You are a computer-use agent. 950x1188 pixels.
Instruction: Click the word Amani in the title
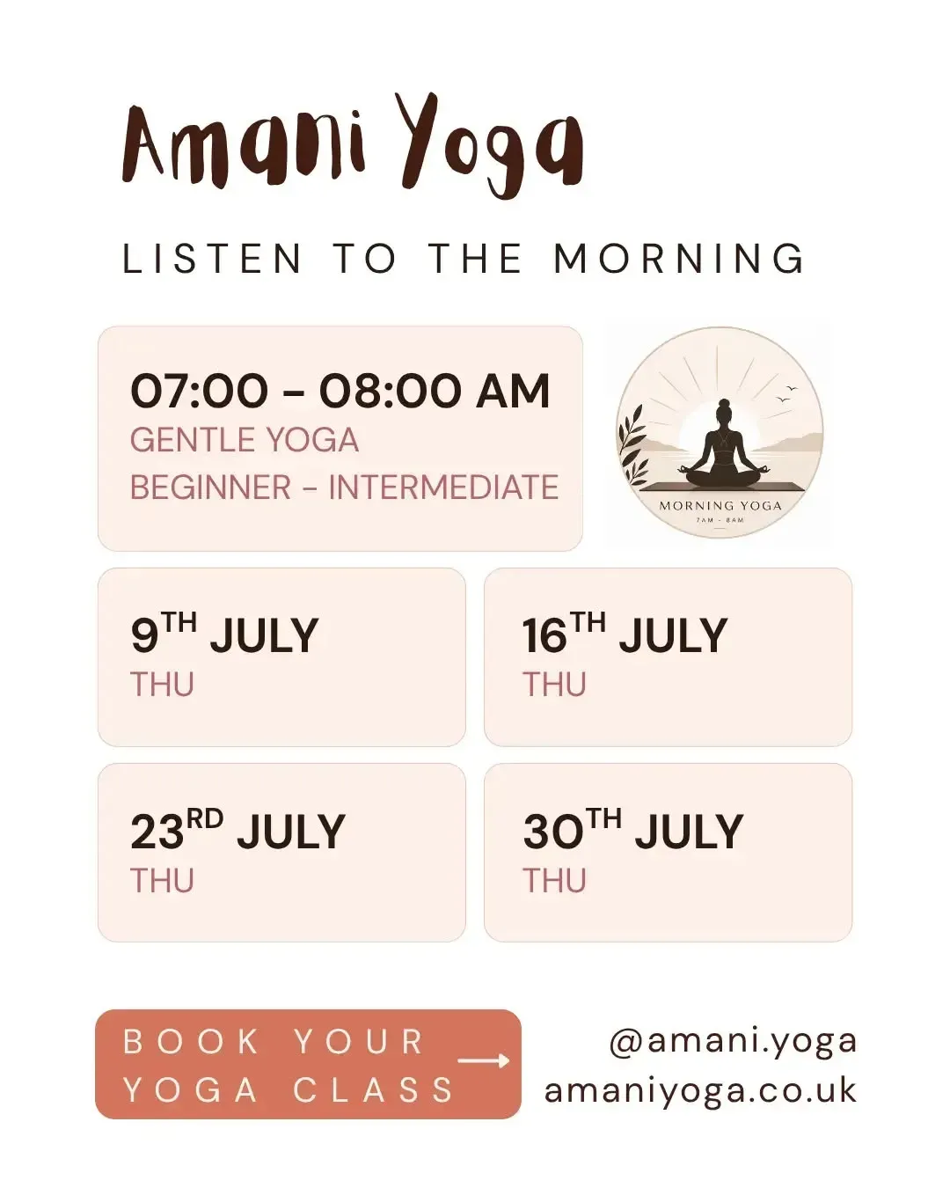point(244,144)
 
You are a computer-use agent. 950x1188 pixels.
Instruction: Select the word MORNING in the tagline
point(679,258)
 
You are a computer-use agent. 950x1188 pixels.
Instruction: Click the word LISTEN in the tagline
point(212,258)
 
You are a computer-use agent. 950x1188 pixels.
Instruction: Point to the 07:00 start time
point(200,391)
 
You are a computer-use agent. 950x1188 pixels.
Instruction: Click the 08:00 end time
point(390,391)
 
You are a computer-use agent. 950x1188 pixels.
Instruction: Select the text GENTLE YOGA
point(245,440)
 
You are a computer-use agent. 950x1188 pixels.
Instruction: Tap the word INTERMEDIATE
point(443,487)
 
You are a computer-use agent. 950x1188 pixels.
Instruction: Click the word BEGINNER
point(210,487)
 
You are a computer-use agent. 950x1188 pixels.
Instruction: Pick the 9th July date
point(224,634)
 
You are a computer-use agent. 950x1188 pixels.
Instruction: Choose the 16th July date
point(625,634)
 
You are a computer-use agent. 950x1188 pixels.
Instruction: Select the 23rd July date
point(237,830)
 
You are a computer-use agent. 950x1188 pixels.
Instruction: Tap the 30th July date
point(633,830)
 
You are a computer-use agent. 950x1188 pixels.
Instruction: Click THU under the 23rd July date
point(162,880)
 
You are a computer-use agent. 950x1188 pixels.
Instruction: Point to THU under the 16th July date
point(554,685)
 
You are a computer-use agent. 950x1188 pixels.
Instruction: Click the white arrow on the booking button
point(484,1060)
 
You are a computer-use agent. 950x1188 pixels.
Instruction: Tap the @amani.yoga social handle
point(733,1043)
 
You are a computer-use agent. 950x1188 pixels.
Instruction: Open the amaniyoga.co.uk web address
point(700,1091)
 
